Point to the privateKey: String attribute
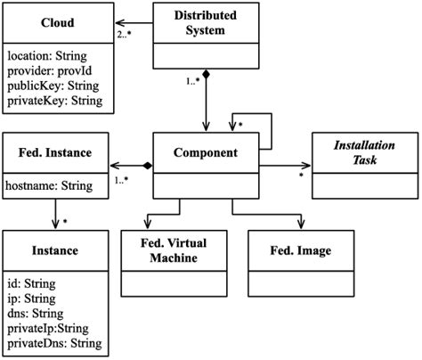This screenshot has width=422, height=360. click(x=55, y=101)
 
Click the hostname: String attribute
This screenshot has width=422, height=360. click(x=52, y=187)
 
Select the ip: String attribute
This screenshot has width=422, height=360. click(x=33, y=299)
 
